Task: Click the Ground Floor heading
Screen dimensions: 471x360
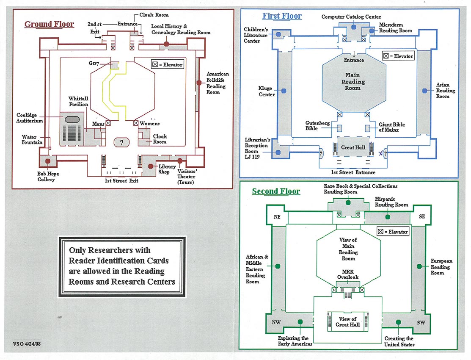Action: (x=49, y=24)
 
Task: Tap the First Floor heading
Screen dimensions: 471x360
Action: (x=282, y=16)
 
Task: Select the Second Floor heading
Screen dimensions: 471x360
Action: (x=276, y=191)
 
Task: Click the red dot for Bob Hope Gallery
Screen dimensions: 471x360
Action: (x=48, y=161)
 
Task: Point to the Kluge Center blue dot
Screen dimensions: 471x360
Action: (x=284, y=91)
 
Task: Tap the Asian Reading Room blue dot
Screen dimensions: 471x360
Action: (x=425, y=91)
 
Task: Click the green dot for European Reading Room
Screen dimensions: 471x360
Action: (x=419, y=266)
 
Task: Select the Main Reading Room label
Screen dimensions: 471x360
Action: (x=353, y=81)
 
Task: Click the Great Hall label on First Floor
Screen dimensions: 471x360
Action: (x=353, y=147)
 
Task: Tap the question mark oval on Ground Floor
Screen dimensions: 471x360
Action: (x=121, y=142)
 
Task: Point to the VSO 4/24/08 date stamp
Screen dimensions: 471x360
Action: (x=27, y=343)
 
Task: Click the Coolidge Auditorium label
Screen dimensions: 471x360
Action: (x=30, y=118)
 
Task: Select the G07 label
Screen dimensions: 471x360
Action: (x=94, y=63)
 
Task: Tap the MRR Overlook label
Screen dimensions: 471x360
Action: (x=348, y=274)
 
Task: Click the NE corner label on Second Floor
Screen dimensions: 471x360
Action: (x=277, y=216)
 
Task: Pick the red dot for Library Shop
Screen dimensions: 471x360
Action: (x=151, y=166)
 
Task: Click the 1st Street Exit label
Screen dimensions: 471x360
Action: (x=121, y=181)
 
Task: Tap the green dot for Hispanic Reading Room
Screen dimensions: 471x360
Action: (x=388, y=217)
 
